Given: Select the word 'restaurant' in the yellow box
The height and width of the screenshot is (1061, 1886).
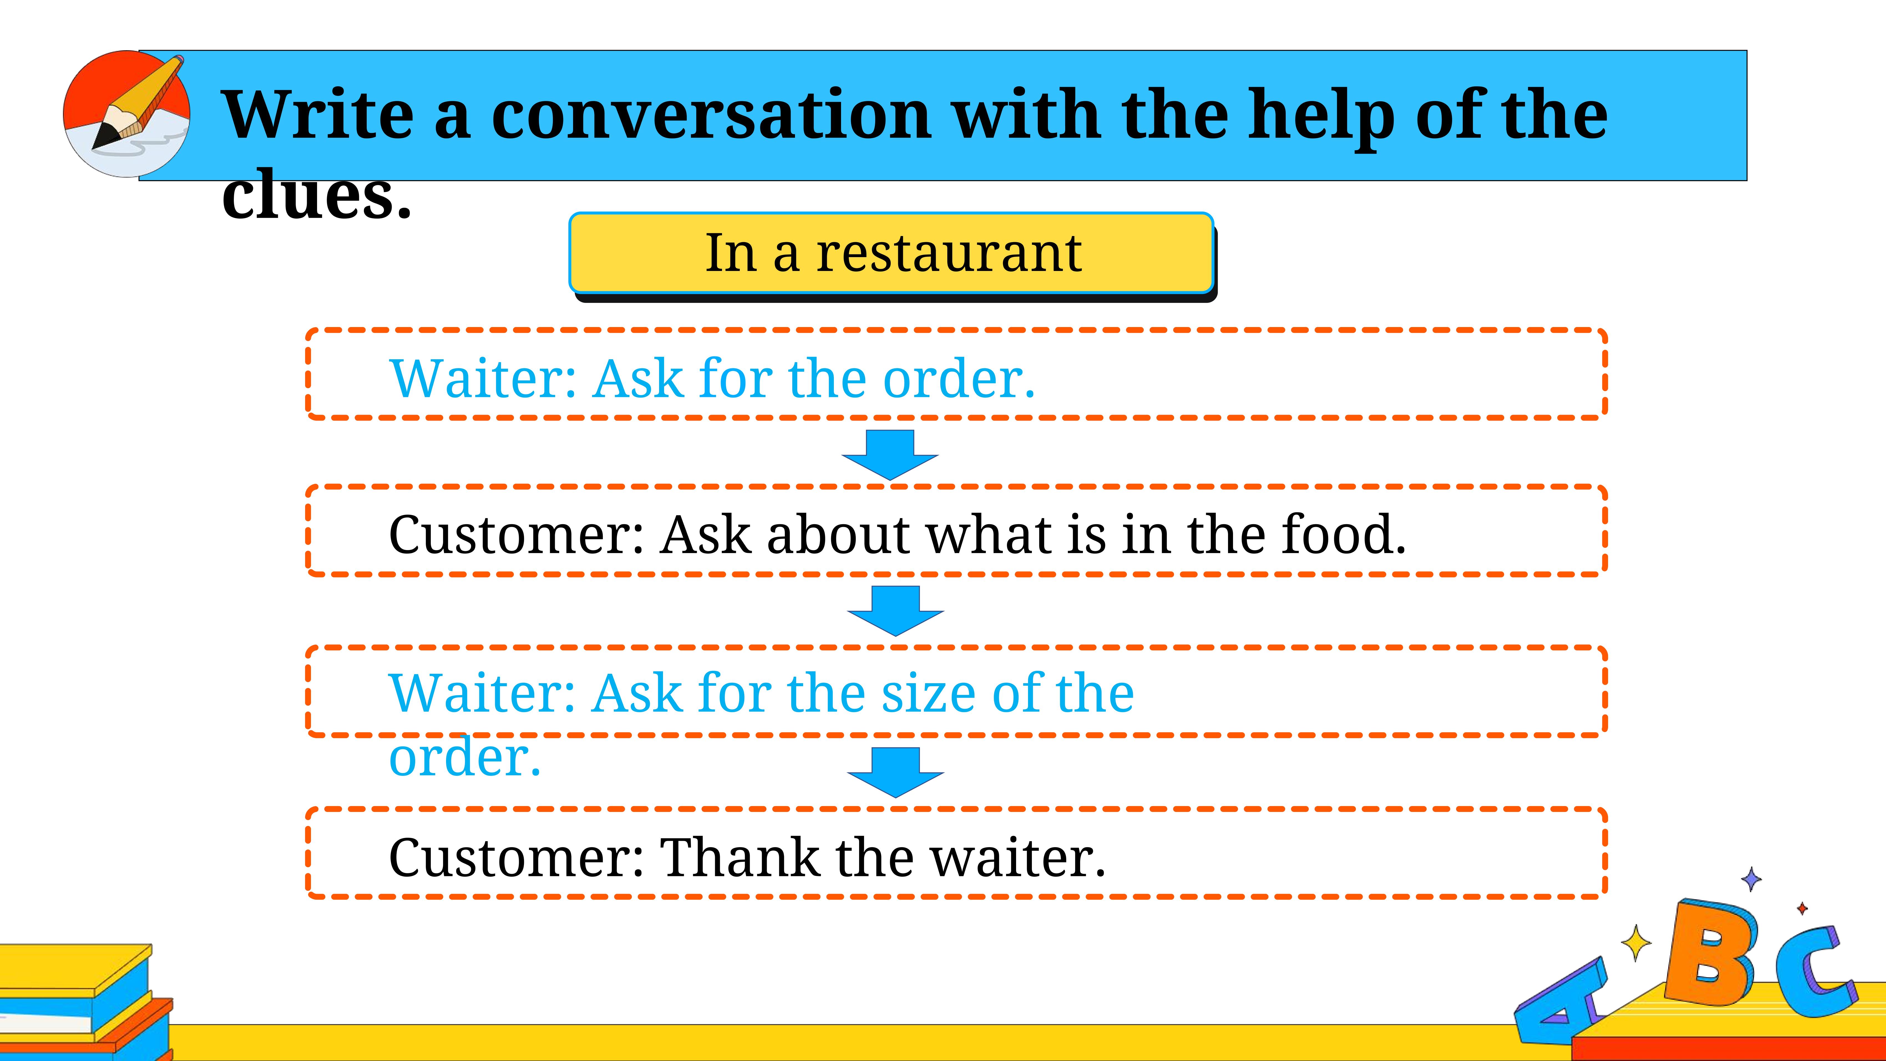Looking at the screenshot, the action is pyautogui.click(x=949, y=253).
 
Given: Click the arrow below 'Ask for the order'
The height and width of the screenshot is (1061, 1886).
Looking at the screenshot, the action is pyautogui.click(x=890, y=455).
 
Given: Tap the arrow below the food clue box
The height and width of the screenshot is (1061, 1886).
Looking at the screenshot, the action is pyautogui.click(x=895, y=611).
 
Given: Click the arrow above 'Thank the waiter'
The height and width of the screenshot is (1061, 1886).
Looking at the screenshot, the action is pyautogui.click(x=895, y=773).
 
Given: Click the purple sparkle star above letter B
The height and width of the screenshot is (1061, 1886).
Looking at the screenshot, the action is pyautogui.click(x=1751, y=879).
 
